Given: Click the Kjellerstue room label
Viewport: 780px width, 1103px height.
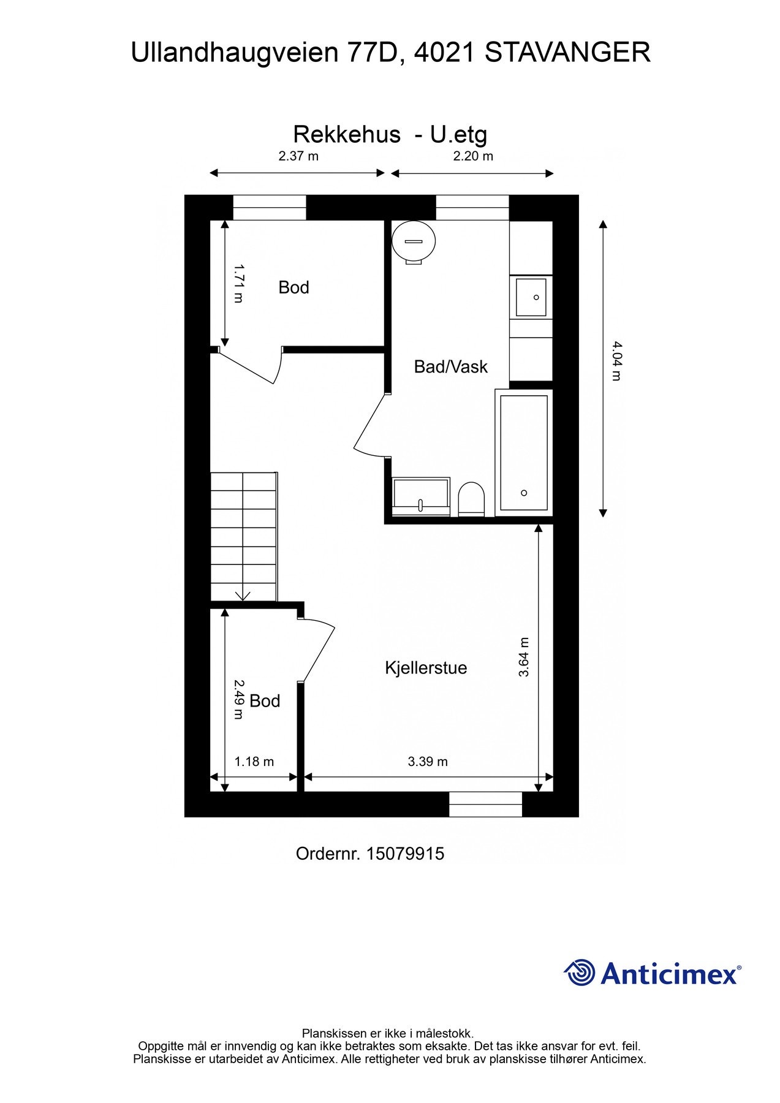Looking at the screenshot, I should (426, 667).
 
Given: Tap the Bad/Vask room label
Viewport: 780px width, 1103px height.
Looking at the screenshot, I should (450, 366).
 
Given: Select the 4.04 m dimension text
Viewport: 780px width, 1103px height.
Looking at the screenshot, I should (617, 361).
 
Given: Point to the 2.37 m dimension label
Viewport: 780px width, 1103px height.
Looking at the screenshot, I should (298, 156).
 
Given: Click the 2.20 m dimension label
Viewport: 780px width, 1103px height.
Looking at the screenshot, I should (473, 156).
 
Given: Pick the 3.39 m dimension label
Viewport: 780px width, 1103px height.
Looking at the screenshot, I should (428, 762).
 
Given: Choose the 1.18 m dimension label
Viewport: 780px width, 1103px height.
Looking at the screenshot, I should (254, 762).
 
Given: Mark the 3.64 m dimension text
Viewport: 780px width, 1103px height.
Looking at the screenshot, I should (524, 657).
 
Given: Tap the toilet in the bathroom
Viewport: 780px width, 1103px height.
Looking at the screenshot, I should (471, 498).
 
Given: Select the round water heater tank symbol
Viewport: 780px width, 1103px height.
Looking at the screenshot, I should (414, 241).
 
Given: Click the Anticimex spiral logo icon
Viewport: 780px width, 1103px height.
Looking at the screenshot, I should (580, 973).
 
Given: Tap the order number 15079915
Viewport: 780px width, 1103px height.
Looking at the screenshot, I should (405, 854).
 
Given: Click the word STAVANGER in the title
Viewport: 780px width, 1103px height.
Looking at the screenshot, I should (567, 53).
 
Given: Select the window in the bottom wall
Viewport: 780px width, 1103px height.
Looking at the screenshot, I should (485, 804).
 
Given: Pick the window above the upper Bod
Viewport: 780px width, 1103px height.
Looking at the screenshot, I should (270, 207).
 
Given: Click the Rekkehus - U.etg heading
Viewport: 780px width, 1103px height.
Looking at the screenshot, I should (390, 134).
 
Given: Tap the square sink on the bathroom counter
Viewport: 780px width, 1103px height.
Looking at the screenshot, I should (531, 297).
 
